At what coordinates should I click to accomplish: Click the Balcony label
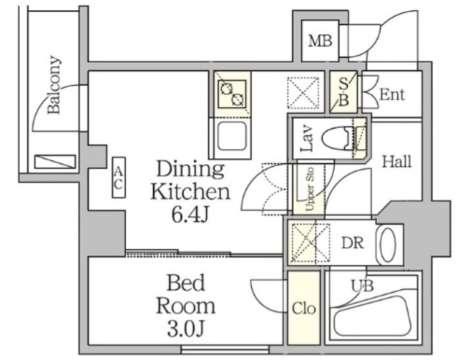(54, 86)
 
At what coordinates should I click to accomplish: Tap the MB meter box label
(320, 41)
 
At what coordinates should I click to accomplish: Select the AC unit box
(119, 177)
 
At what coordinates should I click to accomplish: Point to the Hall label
(395, 162)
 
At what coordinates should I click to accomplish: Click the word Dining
(190, 170)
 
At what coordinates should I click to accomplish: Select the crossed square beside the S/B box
(301, 92)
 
